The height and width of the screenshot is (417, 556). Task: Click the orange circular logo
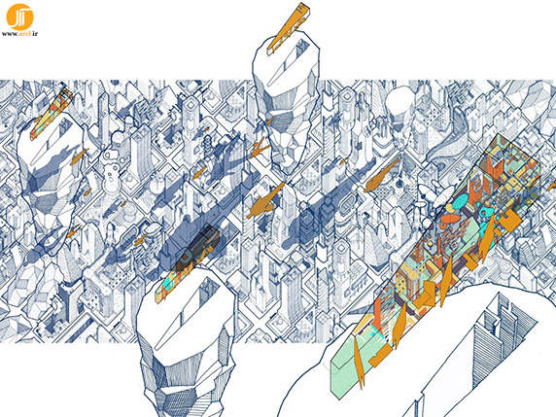click(x=19, y=17)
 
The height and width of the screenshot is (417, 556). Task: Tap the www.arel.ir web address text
click(x=19, y=34)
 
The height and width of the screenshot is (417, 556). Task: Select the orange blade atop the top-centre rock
click(x=288, y=28)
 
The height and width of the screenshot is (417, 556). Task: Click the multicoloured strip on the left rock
click(x=52, y=113)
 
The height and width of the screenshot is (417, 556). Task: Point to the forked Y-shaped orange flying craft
click(x=259, y=148)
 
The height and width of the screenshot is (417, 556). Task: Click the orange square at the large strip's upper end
click(x=510, y=221)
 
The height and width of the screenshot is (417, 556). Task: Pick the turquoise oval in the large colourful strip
click(x=461, y=202)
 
